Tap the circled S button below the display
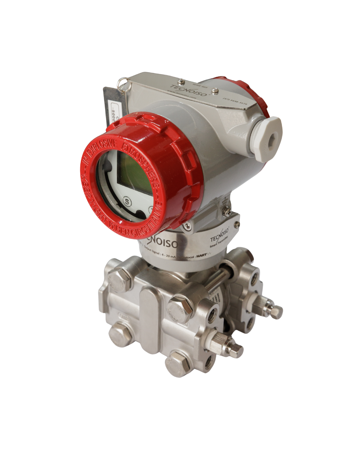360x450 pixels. click(x=127, y=201)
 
